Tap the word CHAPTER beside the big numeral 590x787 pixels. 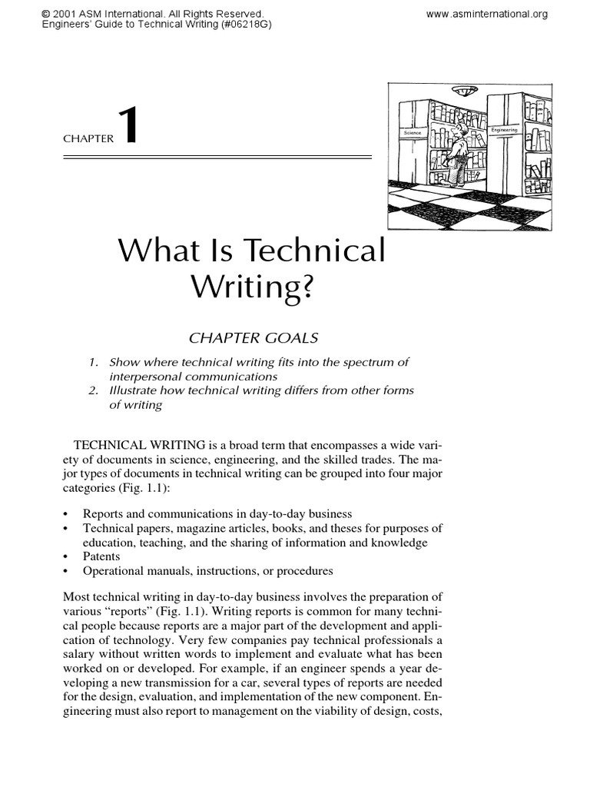pyautogui.click(x=88, y=140)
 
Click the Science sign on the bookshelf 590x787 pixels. pyautogui.click(x=413, y=133)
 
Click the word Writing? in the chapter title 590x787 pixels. pyautogui.click(x=251, y=287)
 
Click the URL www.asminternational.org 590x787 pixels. pyautogui.click(x=487, y=14)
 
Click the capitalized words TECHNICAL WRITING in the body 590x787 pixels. pyautogui.click(x=139, y=446)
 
